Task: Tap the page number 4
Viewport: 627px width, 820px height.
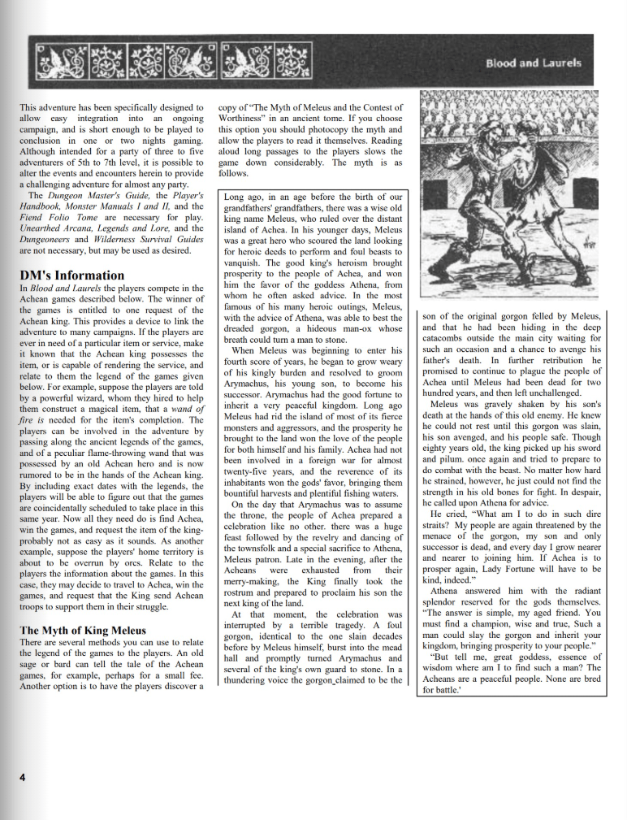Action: pyautogui.click(x=24, y=776)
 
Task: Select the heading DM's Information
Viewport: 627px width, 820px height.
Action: pyautogui.click(x=72, y=275)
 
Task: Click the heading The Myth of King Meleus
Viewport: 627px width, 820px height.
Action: pyautogui.click(x=83, y=630)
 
